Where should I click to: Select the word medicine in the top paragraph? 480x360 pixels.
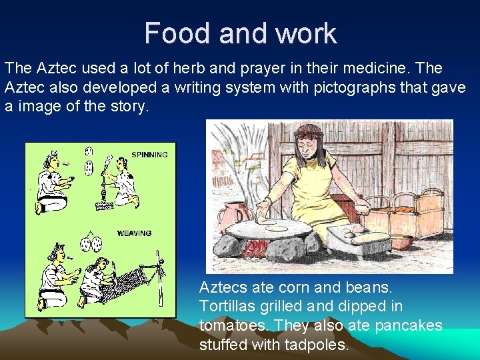[x=369, y=69]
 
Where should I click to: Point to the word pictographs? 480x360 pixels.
[x=328, y=87]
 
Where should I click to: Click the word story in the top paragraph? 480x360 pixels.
[x=127, y=107]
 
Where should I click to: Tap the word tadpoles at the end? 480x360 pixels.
[x=315, y=345]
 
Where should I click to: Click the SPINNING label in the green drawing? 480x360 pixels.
[x=149, y=155]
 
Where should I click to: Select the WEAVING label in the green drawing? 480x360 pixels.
[x=134, y=233]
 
